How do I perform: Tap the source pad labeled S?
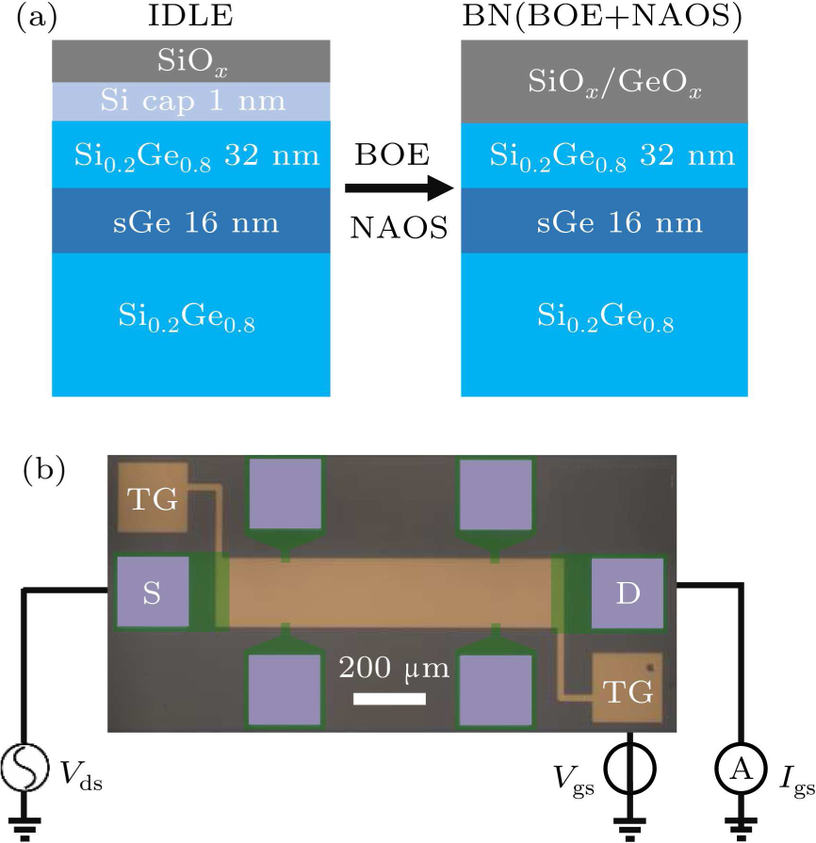click(x=152, y=592)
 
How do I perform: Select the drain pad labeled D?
click(x=628, y=592)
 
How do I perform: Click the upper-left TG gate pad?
click(x=152, y=499)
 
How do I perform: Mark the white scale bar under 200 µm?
click(x=389, y=699)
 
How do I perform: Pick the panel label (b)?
click(x=43, y=470)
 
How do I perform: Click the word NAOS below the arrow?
click(x=399, y=229)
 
